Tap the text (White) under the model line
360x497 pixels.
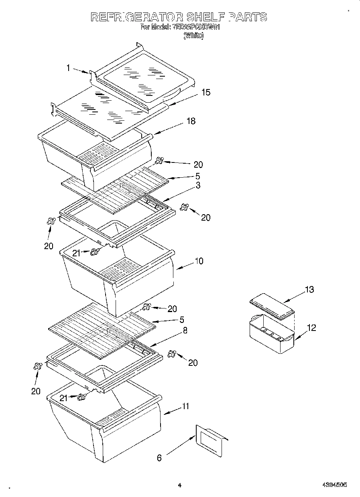click(193, 36)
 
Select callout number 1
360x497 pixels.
click(69, 68)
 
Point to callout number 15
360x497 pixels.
click(205, 92)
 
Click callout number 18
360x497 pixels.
click(191, 121)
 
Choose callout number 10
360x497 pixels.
click(199, 261)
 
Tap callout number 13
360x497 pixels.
click(309, 290)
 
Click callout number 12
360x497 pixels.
click(311, 328)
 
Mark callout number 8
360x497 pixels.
click(185, 331)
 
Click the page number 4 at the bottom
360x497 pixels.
click(180, 485)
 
